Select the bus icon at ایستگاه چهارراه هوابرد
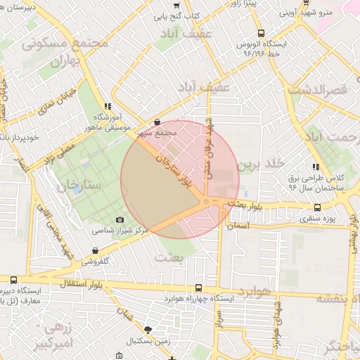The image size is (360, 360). click(199, 288)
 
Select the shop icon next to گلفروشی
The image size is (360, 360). click(96, 251)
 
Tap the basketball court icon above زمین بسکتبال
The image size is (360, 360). click(147, 329)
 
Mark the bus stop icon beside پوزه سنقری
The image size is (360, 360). click(318, 207)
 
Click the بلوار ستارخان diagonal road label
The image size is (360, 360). click(176, 173)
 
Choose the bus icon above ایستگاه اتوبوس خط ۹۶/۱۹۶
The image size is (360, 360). click(262, 33)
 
